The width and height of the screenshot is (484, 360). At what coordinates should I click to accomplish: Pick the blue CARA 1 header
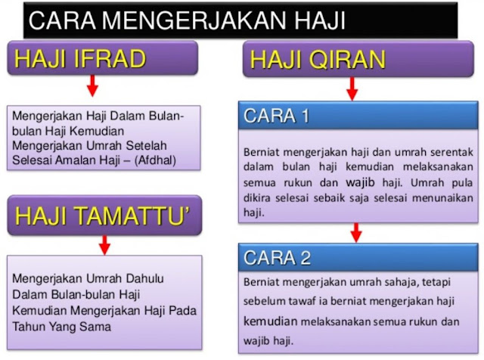(x=358, y=116)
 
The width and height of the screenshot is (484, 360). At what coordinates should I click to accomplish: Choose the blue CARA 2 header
(x=358, y=257)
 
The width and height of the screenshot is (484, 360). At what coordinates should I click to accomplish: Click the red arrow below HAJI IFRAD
(x=93, y=88)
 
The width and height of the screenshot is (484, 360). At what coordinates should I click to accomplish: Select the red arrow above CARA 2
(x=352, y=231)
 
